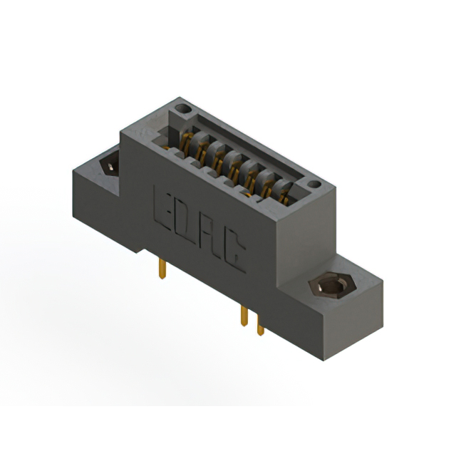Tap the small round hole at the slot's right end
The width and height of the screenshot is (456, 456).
pyautogui.click(x=313, y=185)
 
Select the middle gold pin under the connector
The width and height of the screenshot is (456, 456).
pyautogui.click(x=244, y=318)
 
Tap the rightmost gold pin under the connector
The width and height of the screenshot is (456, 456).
pyautogui.click(x=260, y=326)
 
